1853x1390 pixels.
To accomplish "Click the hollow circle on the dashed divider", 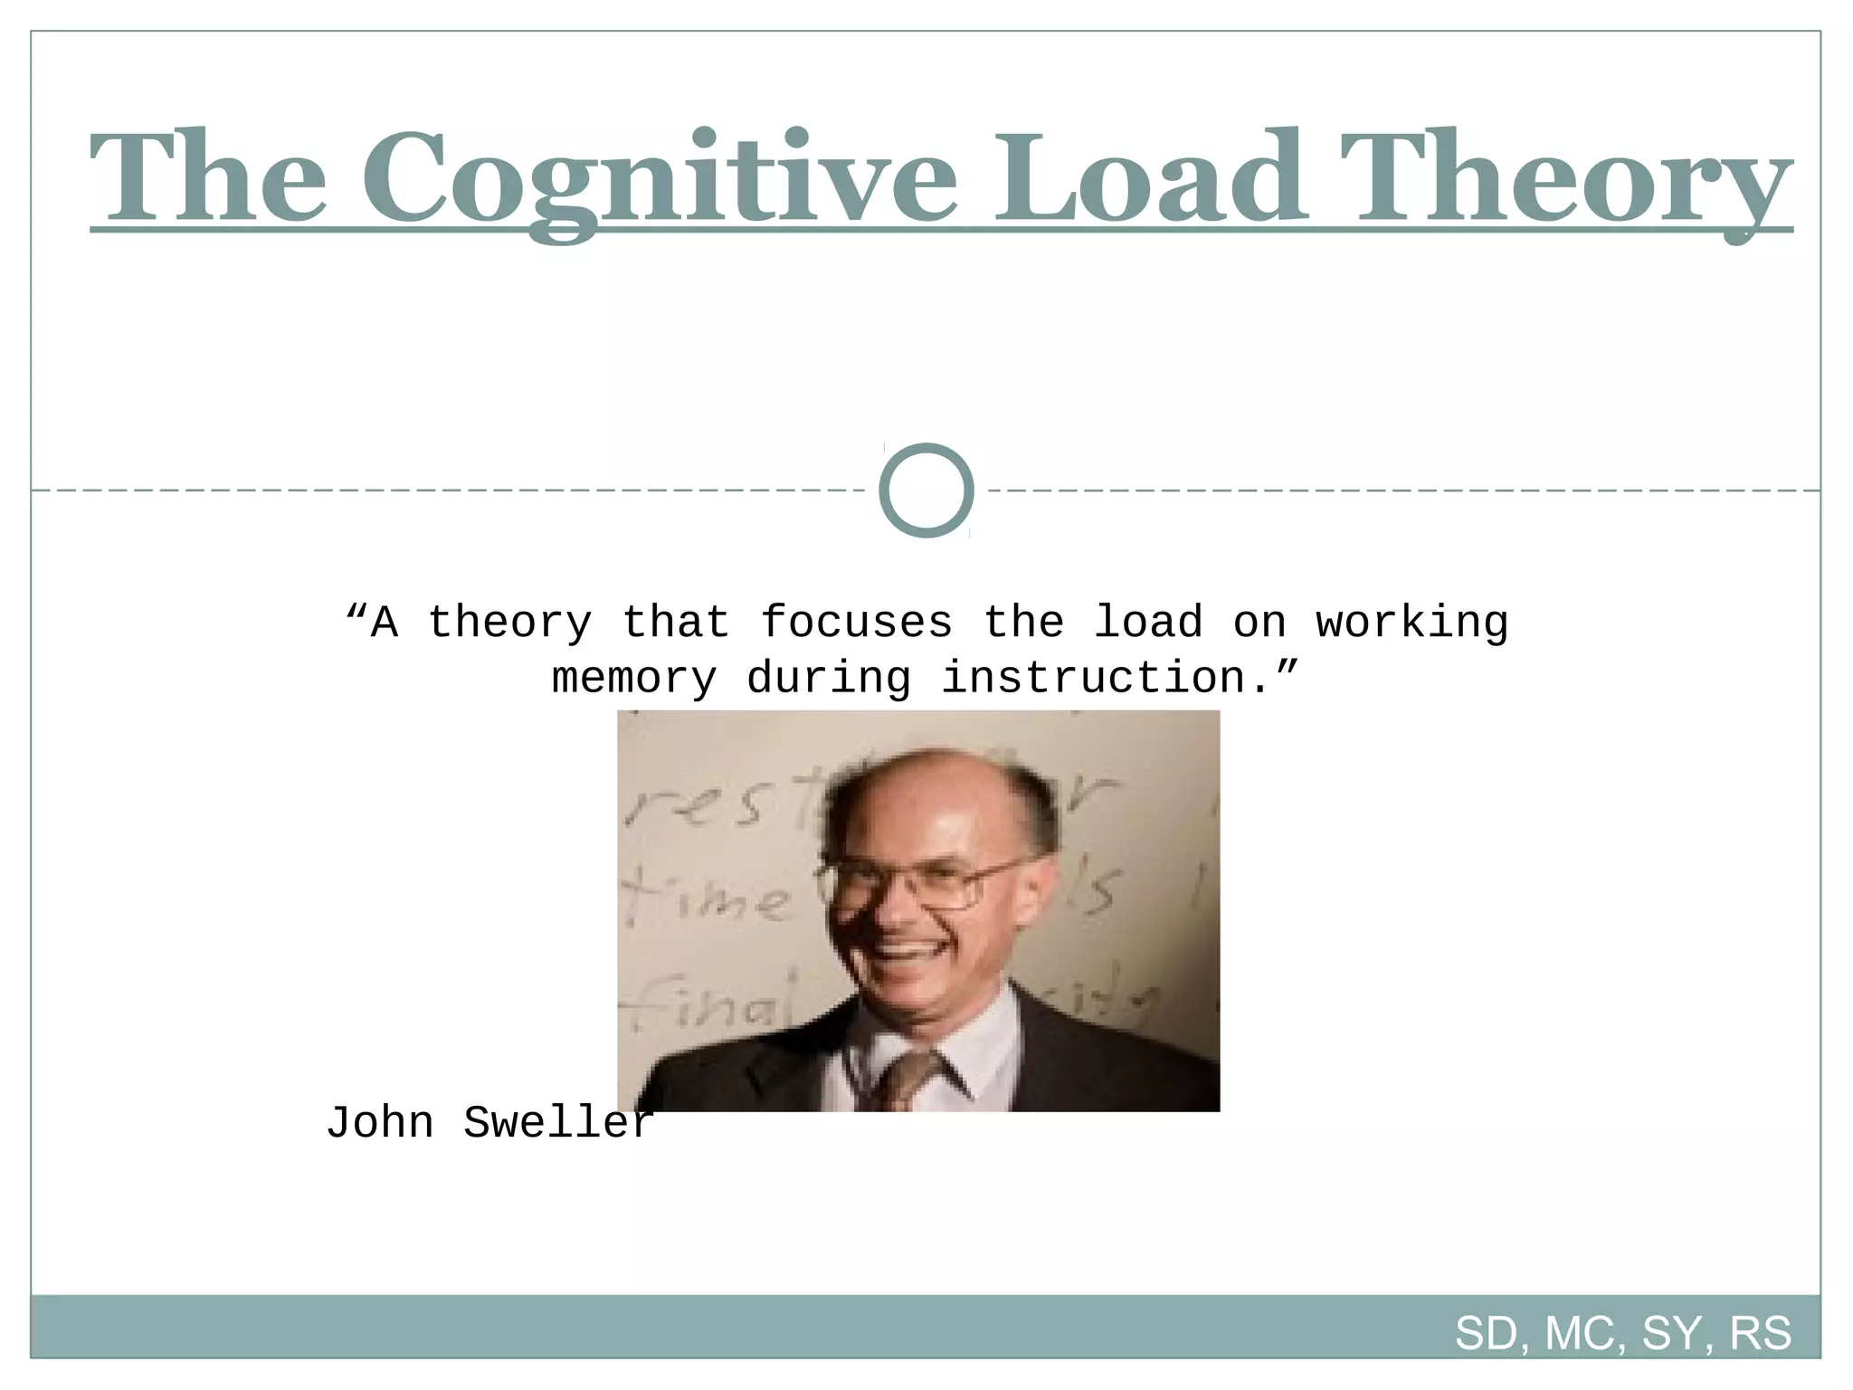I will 926,490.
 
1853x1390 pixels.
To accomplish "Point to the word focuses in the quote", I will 856,623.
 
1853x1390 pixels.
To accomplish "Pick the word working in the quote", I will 1411,623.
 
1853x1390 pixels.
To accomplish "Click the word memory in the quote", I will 633,678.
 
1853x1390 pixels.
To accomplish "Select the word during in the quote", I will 828,678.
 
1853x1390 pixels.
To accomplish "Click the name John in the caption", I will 380,1123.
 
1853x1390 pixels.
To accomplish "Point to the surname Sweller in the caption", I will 557,1123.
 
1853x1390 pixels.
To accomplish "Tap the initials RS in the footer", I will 1760,1333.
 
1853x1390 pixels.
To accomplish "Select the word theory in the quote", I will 509,623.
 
